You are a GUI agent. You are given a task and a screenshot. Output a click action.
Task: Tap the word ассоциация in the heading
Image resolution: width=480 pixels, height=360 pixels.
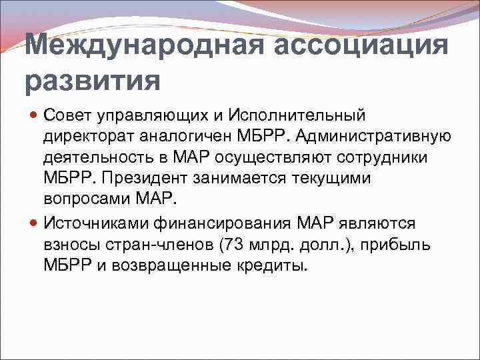tap(353, 47)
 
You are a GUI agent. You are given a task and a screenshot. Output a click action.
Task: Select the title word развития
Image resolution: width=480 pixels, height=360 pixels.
tap(93, 81)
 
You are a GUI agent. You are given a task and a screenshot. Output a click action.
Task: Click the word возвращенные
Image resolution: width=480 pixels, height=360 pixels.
tap(177, 265)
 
